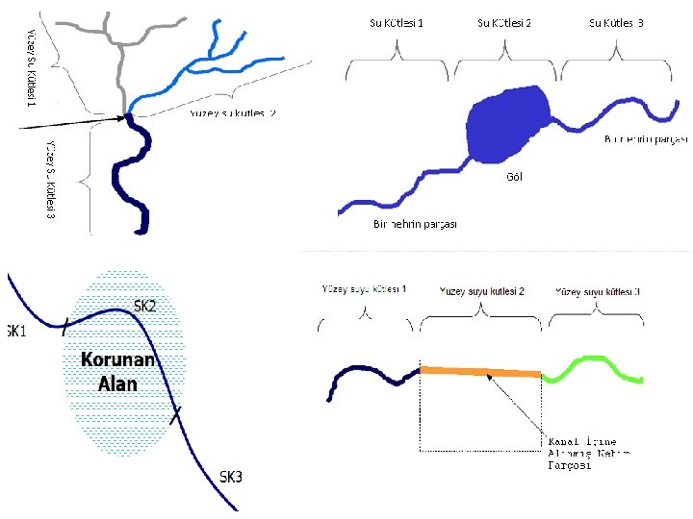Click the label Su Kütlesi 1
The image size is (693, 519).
pos(397,22)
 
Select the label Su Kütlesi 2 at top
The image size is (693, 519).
pos(504,22)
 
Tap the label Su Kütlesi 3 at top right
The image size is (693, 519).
pos(616,22)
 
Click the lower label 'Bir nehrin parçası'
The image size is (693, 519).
pos(415,224)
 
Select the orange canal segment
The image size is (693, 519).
pos(481,373)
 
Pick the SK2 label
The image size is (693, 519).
pos(144,307)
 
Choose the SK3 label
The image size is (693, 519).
pos(231,476)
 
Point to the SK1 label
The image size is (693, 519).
pos(14,332)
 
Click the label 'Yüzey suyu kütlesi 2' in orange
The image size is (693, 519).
pos(481,290)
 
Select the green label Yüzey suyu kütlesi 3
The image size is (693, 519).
pos(599,290)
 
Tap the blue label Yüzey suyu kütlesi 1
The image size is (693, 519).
pos(364,288)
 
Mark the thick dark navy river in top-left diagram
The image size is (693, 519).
pos(129,183)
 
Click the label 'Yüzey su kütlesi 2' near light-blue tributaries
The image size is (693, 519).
pos(232,113)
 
